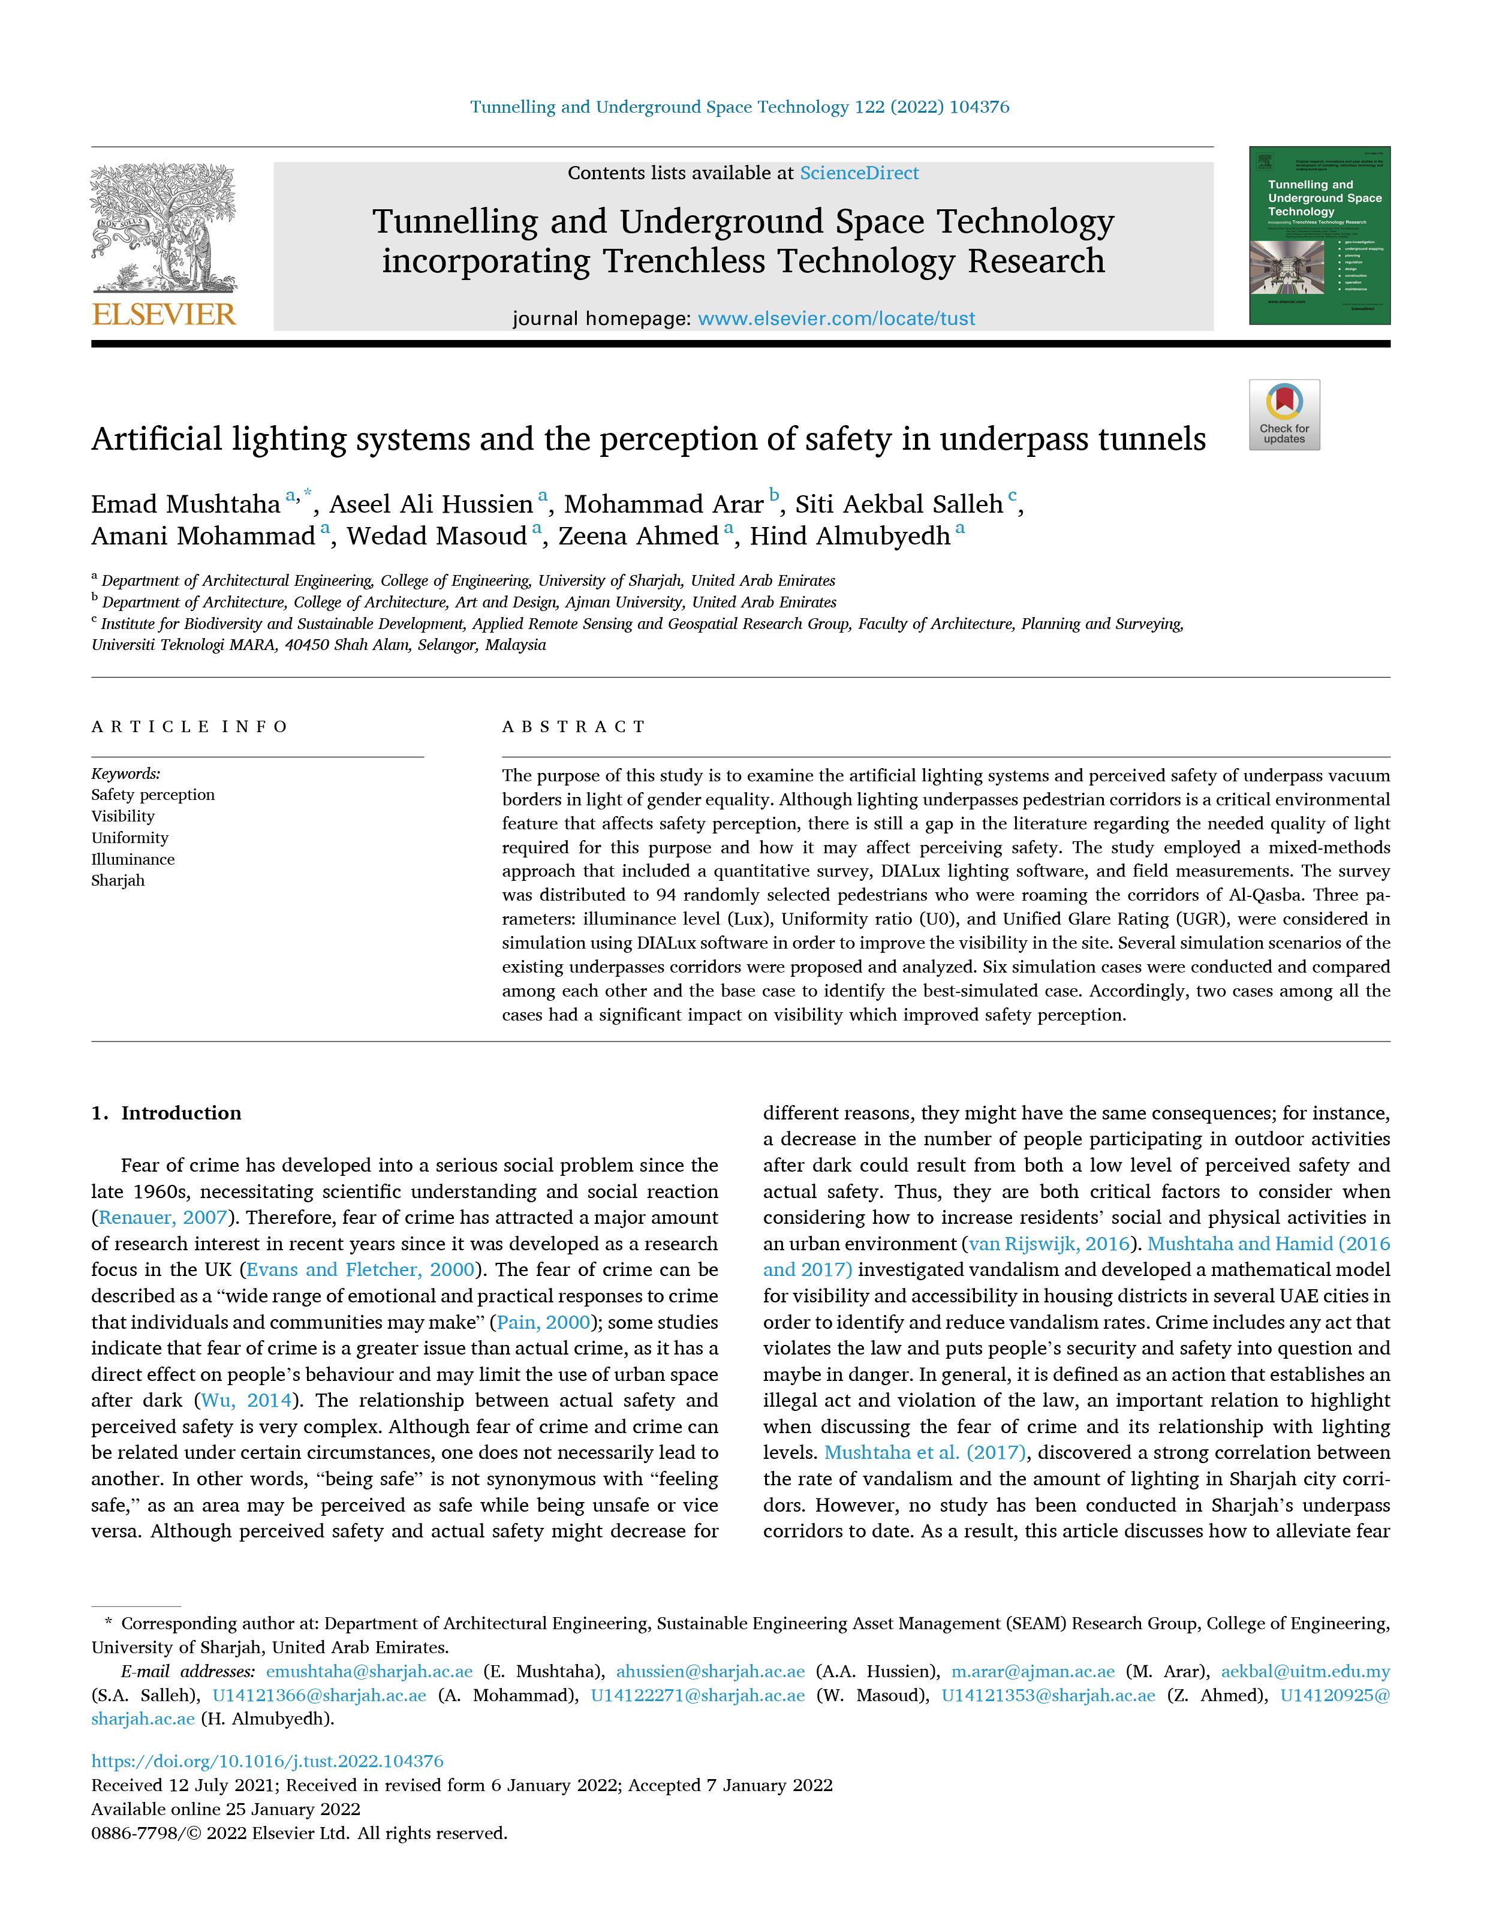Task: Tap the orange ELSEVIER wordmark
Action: point(164,314)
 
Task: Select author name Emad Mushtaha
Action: point(186,505)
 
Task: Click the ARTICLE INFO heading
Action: point(189,727)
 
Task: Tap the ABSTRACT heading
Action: point(574,727)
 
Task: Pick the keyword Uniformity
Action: point(130,838)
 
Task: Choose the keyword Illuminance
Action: point(133,859)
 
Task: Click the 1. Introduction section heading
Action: point(167,1113)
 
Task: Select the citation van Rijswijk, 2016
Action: point(1049,1244)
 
